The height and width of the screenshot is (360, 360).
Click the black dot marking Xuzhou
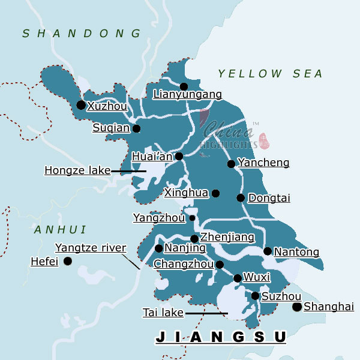pyautogui.click(x=81, y=105)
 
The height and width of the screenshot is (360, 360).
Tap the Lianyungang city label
pyautogui.click(x=187, y=94)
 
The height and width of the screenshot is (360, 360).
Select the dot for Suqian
pyautogui.click(x=136, y=128)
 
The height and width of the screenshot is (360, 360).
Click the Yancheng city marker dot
pyautogui.click(x=231, y=164)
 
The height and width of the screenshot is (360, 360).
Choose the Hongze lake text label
pyautogui.click(x=77, y=170)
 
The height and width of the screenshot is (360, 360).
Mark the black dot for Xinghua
pyautogui.click(x=215, y=193)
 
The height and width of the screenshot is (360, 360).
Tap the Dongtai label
pyautogui.click(x=269, y=198)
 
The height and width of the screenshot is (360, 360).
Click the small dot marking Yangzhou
pyautogui.click(x=193, y=218)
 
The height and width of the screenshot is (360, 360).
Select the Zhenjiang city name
pyautogui.click(x=227, y=238)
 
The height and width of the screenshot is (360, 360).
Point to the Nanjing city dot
pyautogui.click(x=158, y=248)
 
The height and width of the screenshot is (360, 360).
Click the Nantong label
pyautogui.click(x=296, y=253)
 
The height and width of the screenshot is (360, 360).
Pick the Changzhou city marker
pyautogui.click(x=220, y=265)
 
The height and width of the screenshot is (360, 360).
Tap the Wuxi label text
pyautogui.click(x=257, y=278)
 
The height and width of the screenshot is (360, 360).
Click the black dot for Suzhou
pyautogui.click(x=255, y=296)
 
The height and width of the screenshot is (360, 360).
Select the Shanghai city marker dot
pyautogui.click(x=296, y=307)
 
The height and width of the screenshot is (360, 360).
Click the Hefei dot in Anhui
pyautogui.click(x=67, y=261)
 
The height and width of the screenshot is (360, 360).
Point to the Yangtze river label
pyautogui.click(x=91, y=248)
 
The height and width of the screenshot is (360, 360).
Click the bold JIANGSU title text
pyautogui.click(x=221, y=337)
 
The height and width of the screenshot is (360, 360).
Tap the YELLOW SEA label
pyautogui.click(x=270, y=74)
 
